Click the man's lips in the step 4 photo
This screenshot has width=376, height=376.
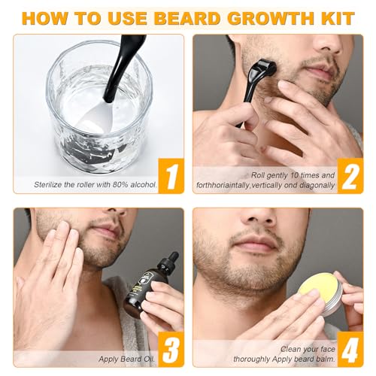tap(254, 246)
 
